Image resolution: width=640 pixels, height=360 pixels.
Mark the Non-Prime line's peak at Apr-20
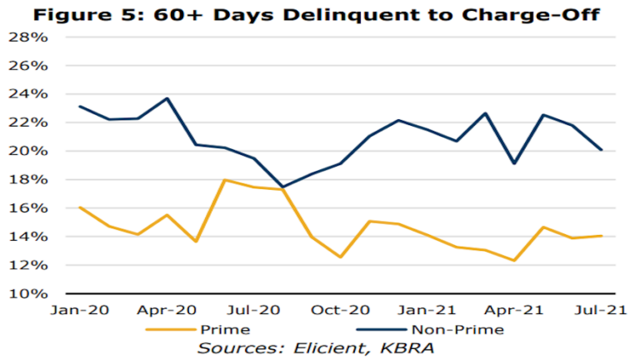167,98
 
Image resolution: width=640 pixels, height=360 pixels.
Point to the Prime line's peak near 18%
225,180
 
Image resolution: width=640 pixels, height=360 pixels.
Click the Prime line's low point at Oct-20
341,257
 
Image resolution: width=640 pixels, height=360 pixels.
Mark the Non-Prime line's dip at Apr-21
515,163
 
